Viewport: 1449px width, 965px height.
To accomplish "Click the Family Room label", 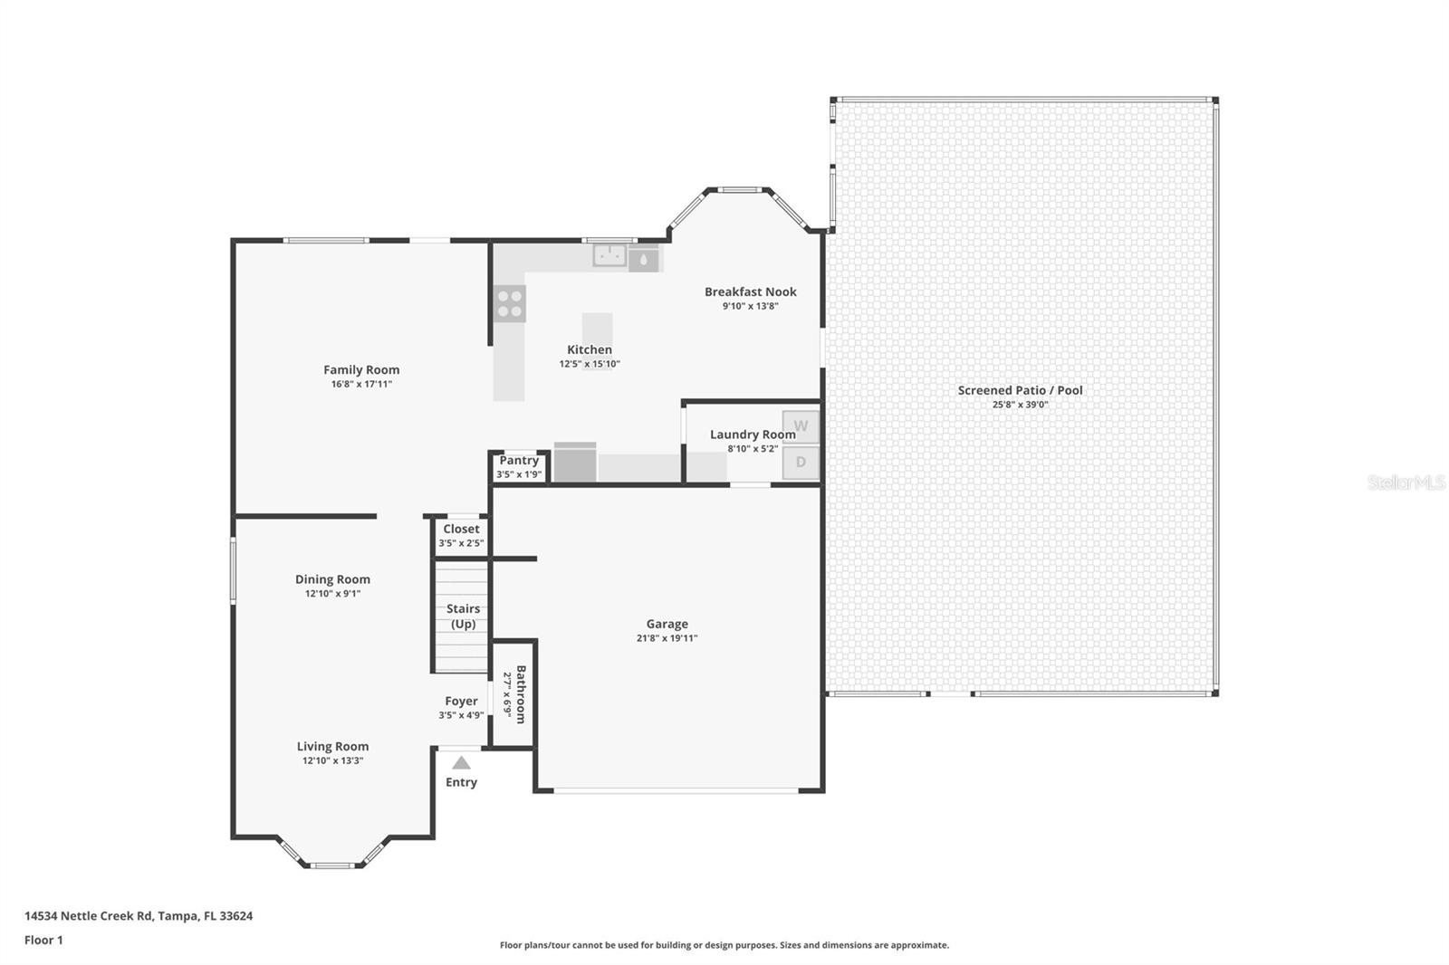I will point(361,369).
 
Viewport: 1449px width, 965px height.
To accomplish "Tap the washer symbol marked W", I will point(801,426).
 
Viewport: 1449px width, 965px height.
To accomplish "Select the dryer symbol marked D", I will point(801,463).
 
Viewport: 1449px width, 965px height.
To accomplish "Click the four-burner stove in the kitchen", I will point(510,303).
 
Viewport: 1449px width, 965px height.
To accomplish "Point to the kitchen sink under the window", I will point(610,256).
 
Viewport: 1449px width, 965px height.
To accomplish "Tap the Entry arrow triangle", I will point(462,762).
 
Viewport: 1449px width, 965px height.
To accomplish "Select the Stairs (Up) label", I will point(463,616).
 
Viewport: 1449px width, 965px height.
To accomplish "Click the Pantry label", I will point(519,460).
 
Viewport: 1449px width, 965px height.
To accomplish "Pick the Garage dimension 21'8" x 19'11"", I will point(667,638).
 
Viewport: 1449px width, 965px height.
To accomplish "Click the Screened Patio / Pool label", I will point(1020,390).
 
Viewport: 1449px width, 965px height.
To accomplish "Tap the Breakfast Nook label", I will point(750,291).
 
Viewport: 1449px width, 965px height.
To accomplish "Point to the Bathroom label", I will point(521,694).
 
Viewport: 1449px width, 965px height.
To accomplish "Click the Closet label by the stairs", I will point(461,529).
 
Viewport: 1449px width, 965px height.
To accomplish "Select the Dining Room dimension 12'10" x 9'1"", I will point(332,594).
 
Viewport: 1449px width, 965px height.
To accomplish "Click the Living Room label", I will point(332,746).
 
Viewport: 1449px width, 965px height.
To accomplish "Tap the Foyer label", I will point(461,701).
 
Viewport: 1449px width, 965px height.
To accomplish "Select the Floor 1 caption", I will point(43,940).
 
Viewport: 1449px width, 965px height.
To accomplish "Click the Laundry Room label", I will point(753,435).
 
